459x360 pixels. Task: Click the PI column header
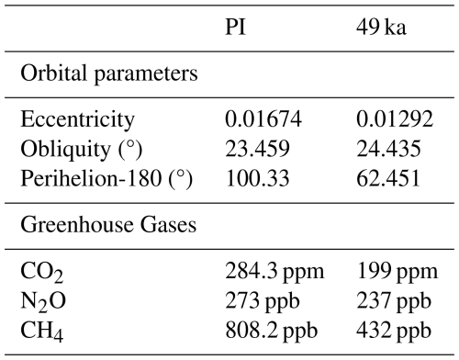click(235, 27)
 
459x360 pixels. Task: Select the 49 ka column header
click(381, 27)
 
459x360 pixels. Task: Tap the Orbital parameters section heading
click(109, 74)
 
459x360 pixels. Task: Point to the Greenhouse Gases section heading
click(108, 225)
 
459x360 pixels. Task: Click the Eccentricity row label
click(77, 119)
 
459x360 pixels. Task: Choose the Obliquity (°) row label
click(82, 150)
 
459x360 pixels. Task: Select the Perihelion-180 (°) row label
click(106, 179)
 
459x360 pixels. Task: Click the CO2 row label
click(42, 273)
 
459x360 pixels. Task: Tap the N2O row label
click(43, 302)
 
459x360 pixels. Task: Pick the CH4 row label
click(42, 332)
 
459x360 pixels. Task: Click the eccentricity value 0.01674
click(263, 118)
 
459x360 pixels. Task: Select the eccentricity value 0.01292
click(395, 118)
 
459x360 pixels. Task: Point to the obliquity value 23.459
click(257, 149)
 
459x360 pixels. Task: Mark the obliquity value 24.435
click(388, 149)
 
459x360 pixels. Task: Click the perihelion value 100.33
click(257, 178)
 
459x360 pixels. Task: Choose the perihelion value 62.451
click(388, 178)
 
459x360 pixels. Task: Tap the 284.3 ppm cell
click(274, 272)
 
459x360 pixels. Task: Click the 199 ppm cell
click(397, 272)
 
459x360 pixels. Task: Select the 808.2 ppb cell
click(271, 332)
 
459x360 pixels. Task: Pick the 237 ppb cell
click(394, 301)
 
